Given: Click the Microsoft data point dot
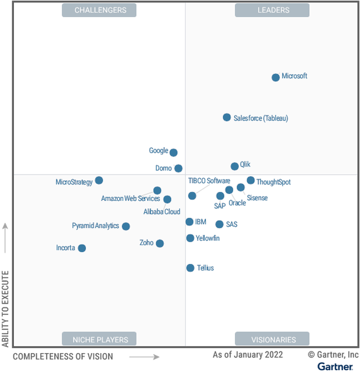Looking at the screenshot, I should (276, 77).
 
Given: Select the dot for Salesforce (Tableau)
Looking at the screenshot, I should (227, 117).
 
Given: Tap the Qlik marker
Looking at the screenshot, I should (235, 166).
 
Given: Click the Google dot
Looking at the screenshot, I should (174, 153).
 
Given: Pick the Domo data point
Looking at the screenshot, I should (178, 168).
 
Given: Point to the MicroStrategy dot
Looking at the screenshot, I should (99, 181).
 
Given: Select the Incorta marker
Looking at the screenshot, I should (82, 248).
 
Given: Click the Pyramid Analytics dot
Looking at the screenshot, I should (126, 226).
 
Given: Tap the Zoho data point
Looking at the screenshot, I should (160, 243).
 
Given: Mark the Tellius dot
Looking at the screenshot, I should (190, 268).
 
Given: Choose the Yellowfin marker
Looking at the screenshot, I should (190, 238).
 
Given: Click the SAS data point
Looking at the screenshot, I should (219, 224).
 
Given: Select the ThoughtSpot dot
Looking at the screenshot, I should (251, 180).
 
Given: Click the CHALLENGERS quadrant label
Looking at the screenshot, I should (100, 10).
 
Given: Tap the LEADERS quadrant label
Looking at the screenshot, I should (273, 10).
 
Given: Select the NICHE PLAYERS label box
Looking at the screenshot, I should (100, 339).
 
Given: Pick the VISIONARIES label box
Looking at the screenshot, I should (273, 339).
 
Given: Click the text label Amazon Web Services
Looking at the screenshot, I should (130, 199).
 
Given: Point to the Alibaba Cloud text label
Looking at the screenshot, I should (162, 212).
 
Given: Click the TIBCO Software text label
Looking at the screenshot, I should (209, 181).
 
